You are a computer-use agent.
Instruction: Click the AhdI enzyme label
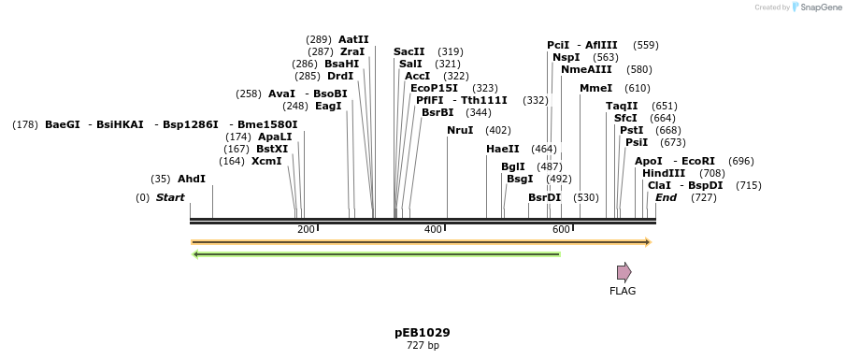191,179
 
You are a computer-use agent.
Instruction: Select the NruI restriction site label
460,130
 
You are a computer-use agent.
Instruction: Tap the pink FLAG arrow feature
624,272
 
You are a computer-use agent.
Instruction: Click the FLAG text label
623,291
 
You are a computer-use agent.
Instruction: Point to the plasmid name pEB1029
423,332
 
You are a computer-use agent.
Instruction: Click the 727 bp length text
423,346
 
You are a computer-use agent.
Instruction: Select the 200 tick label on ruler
306,229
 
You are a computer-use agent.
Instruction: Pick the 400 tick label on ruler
433,229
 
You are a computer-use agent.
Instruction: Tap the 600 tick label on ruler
561,229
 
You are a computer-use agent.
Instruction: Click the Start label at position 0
170,197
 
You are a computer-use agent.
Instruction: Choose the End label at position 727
666,197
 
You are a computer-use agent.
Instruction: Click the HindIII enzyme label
664,173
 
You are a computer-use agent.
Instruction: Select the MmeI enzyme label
595,88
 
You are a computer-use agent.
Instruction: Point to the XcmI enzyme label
266,161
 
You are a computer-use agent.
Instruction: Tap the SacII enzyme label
409,51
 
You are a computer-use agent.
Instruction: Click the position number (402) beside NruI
498,130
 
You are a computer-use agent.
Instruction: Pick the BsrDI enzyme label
544,197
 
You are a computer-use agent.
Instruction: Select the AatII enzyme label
353,39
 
